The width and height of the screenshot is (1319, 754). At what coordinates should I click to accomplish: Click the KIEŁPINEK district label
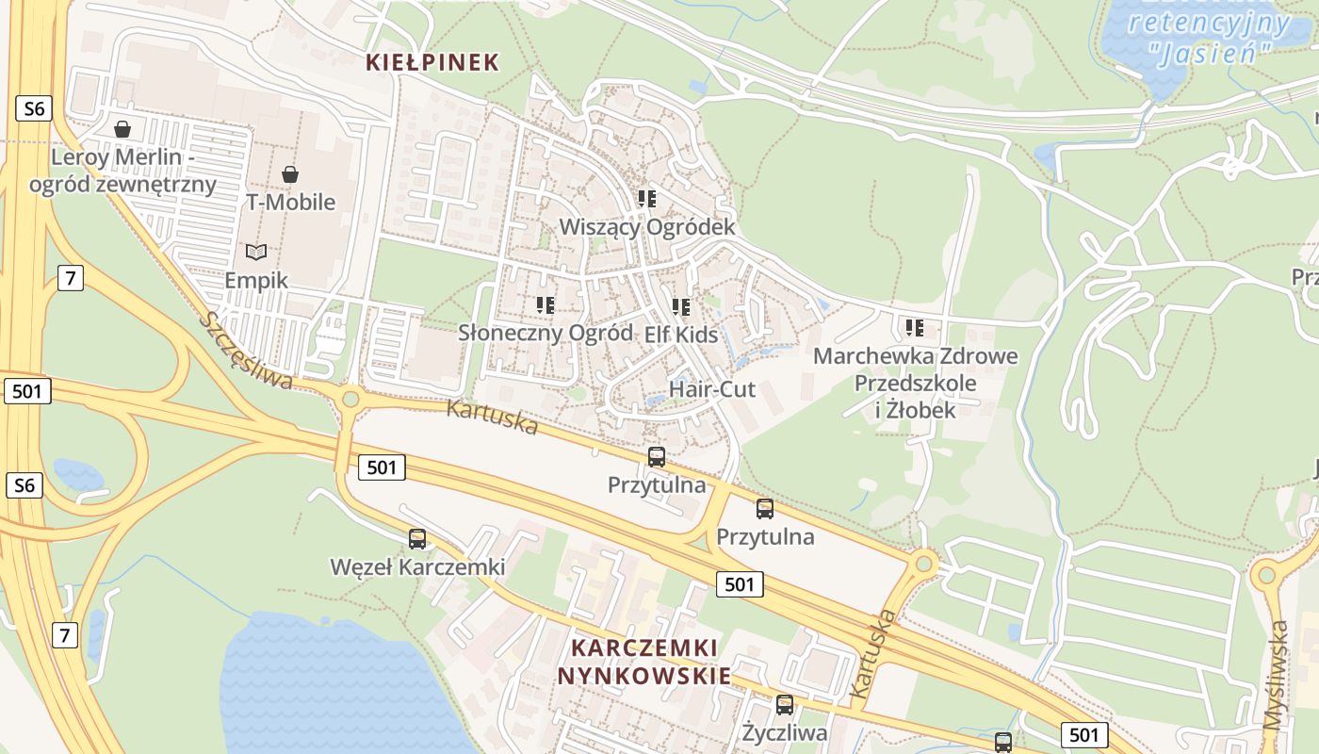click(x=432, y=63)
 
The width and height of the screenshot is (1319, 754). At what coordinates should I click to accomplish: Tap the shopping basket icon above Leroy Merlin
click(x=122, y=129)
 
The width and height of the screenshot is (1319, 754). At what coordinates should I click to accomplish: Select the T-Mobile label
click(x=290, y=202)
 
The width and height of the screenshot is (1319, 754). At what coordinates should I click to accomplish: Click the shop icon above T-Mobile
click(x=290, y=174)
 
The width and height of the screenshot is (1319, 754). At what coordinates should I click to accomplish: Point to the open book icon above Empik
click(x=256, y=252)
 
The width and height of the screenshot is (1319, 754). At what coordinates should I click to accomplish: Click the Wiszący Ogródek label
click(x=646, y=227)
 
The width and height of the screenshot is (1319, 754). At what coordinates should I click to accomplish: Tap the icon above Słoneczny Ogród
click(x=545, y=305)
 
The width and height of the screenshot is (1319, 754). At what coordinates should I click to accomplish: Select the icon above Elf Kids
click(x=681, y=307)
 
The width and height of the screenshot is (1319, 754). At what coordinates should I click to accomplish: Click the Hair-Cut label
click(x=711, y=388)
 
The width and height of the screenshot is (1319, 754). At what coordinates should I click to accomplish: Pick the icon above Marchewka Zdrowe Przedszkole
click(x=914, y=328)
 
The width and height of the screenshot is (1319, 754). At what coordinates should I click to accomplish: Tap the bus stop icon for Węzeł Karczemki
click(x=417, y=539)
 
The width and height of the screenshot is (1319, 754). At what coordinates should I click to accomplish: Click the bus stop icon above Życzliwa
click(x=784, y=705)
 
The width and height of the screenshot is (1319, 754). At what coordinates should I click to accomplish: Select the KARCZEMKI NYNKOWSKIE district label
click(x=644, y=662)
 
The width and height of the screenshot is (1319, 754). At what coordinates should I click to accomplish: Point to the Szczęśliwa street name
click(x=246, y=350)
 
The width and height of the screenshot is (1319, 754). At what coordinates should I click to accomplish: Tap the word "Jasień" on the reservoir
click(x=1210, y=51)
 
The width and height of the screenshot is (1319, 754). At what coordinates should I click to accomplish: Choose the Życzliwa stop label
click(x=784, y=732)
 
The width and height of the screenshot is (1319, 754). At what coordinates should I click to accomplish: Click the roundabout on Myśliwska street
click(x=1265, y=574)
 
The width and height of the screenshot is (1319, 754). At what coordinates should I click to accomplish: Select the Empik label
click(x=256, y=281)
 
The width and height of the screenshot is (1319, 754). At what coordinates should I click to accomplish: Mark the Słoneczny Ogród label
click(x=545, y=333)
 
